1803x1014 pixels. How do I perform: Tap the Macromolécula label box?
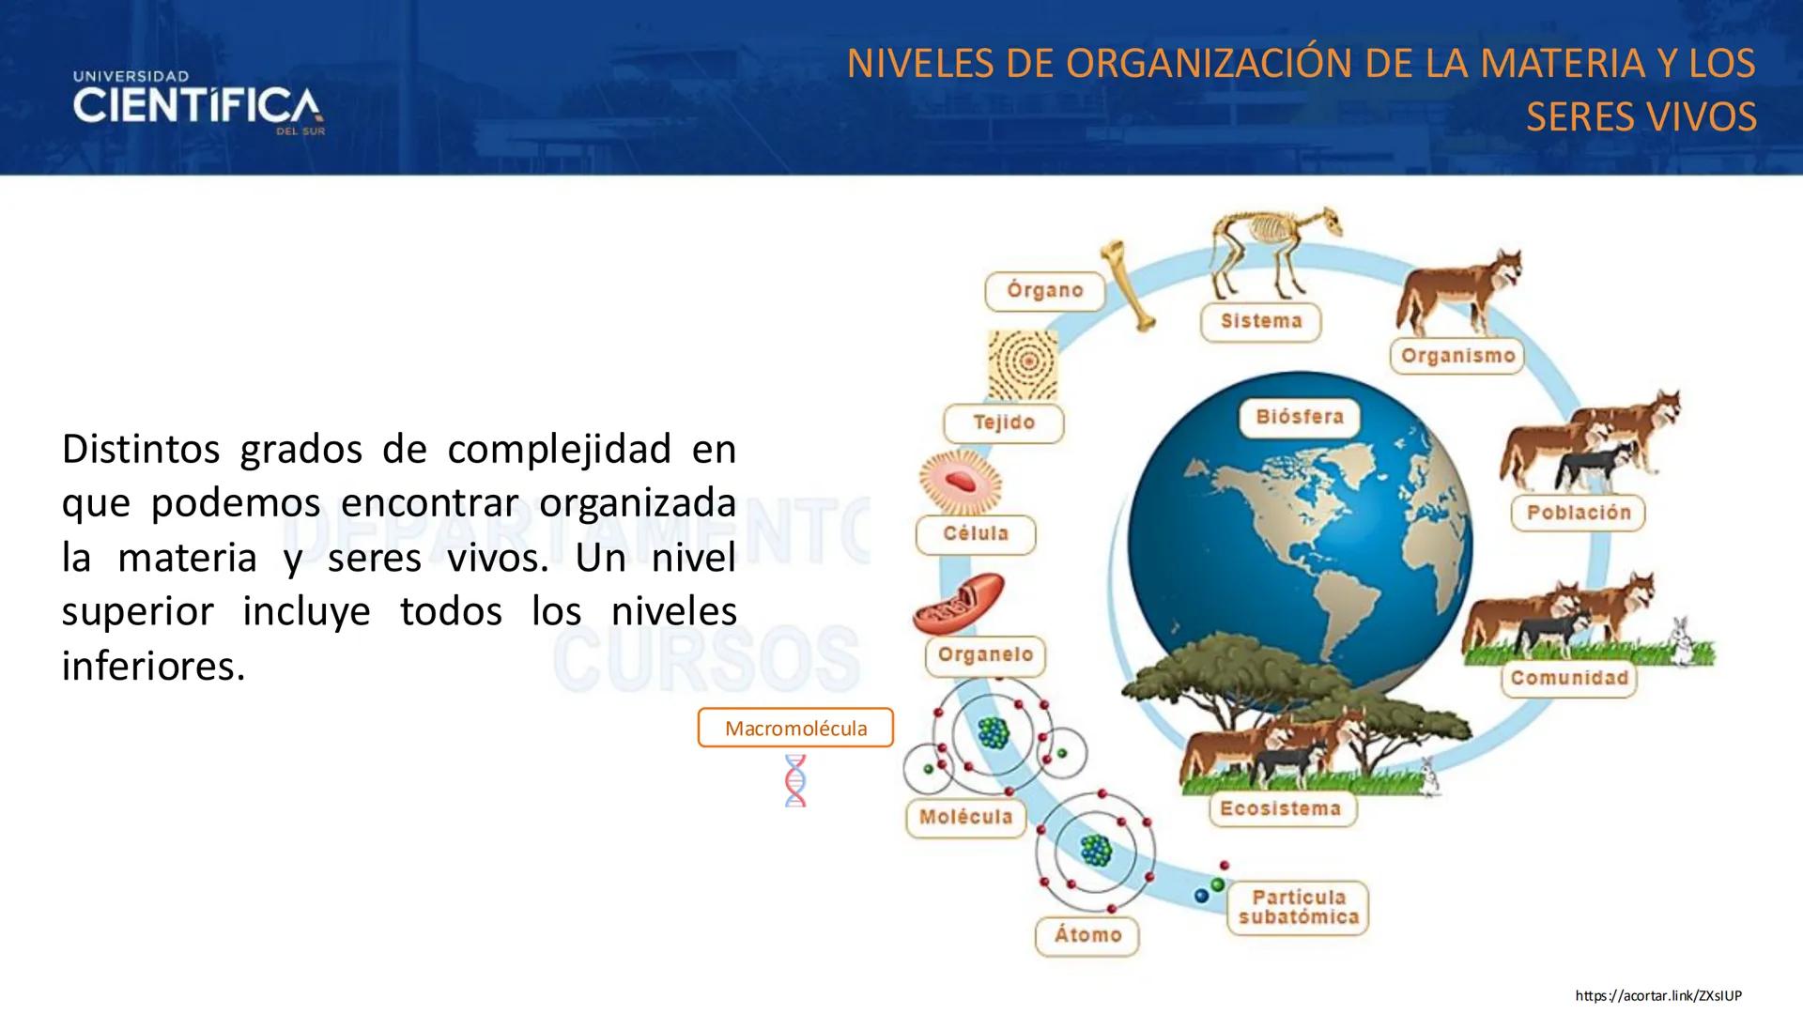(795, 728)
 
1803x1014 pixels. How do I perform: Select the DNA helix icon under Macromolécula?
(795, 780)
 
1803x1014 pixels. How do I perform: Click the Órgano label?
(1044, 291)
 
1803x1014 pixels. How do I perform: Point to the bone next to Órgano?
(1128, 284)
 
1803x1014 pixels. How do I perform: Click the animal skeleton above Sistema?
(1272, 249)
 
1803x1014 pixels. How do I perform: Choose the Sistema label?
(1260, 321)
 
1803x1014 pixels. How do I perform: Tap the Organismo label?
(1457, 356)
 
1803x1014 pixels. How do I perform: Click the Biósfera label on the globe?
(1299, 417)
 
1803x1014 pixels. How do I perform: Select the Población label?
(1578, 513)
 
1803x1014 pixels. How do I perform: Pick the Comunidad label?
(1568, 678)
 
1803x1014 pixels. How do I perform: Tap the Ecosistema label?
(1280, 808)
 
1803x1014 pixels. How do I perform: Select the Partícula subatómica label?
(1298, 907)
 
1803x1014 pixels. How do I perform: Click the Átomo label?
(1087, 935)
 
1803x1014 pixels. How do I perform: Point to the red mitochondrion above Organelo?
(958, 604)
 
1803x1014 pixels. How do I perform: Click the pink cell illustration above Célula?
(960, 481)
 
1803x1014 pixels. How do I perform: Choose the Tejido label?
(1003, 422)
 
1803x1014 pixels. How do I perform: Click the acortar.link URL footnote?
(1657, 995)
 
